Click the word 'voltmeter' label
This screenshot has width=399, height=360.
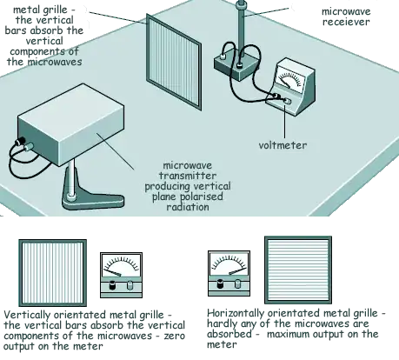(x=283, y=145)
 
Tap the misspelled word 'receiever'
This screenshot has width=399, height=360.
(x=346, y=22)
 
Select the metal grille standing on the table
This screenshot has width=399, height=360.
(x=174, y=62)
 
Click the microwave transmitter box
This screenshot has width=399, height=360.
(x=70, y=124)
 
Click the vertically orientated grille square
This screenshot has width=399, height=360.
(x=53, y=273)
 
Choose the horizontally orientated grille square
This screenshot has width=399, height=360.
(x=298, y=270)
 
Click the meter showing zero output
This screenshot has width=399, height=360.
(x=121, y=275)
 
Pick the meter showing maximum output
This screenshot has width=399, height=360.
(x=229, y=273)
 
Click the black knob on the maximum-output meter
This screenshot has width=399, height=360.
(x=221, y=283)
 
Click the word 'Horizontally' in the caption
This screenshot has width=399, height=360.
(x=236, y=313)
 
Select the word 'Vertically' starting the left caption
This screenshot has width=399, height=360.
(x=27, y=315)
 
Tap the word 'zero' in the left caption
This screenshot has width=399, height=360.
(x=174, y=336)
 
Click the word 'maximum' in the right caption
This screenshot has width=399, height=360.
(x=288, y=334)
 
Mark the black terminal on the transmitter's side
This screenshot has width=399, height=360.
(x=20, y=141)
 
